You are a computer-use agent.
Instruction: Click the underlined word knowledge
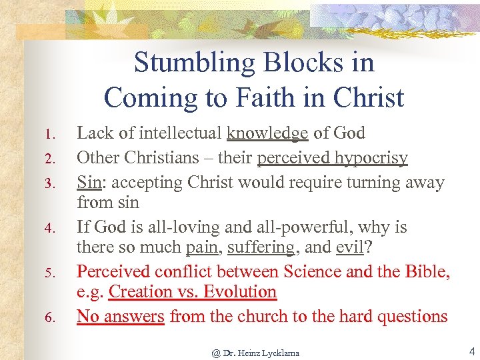pos(267,133)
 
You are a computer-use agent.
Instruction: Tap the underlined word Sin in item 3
pos(89,183)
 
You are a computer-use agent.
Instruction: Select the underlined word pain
pos(202,248)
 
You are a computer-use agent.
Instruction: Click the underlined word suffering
pos(261,248)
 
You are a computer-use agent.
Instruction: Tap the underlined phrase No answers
pos(121,316)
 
